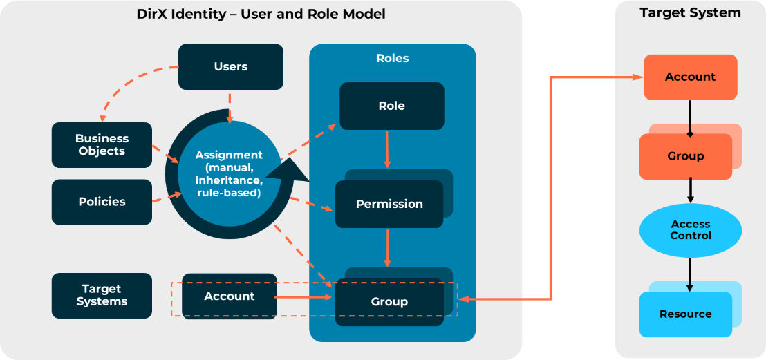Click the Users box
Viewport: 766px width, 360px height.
point(231,67)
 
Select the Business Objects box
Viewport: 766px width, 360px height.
point(102,145)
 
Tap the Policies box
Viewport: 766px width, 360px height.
point(102,202)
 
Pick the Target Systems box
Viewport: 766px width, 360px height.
point(102,295)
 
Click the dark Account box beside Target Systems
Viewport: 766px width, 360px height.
point(229,296)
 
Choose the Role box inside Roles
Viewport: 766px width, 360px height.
point(391,106)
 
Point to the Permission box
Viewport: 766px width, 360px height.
point(389,204)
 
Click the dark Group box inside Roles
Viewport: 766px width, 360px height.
point(389,302)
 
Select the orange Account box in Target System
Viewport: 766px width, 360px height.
point(690,77)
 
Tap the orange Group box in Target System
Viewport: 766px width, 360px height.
point(685,156)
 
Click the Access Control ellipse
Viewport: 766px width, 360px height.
point(690,230)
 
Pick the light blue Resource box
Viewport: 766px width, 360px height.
point(685,314)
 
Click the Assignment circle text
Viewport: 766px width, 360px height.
point(228,173)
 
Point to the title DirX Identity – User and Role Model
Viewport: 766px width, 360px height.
point(261,14)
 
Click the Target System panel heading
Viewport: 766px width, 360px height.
point(690,13)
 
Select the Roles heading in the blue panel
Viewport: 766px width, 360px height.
point(392,58)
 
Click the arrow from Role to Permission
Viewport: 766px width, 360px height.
point(387,149)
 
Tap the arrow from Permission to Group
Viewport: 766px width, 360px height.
point(387,247)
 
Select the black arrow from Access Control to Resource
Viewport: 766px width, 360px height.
point(690,274)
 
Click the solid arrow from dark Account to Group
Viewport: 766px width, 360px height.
point(304,298)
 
